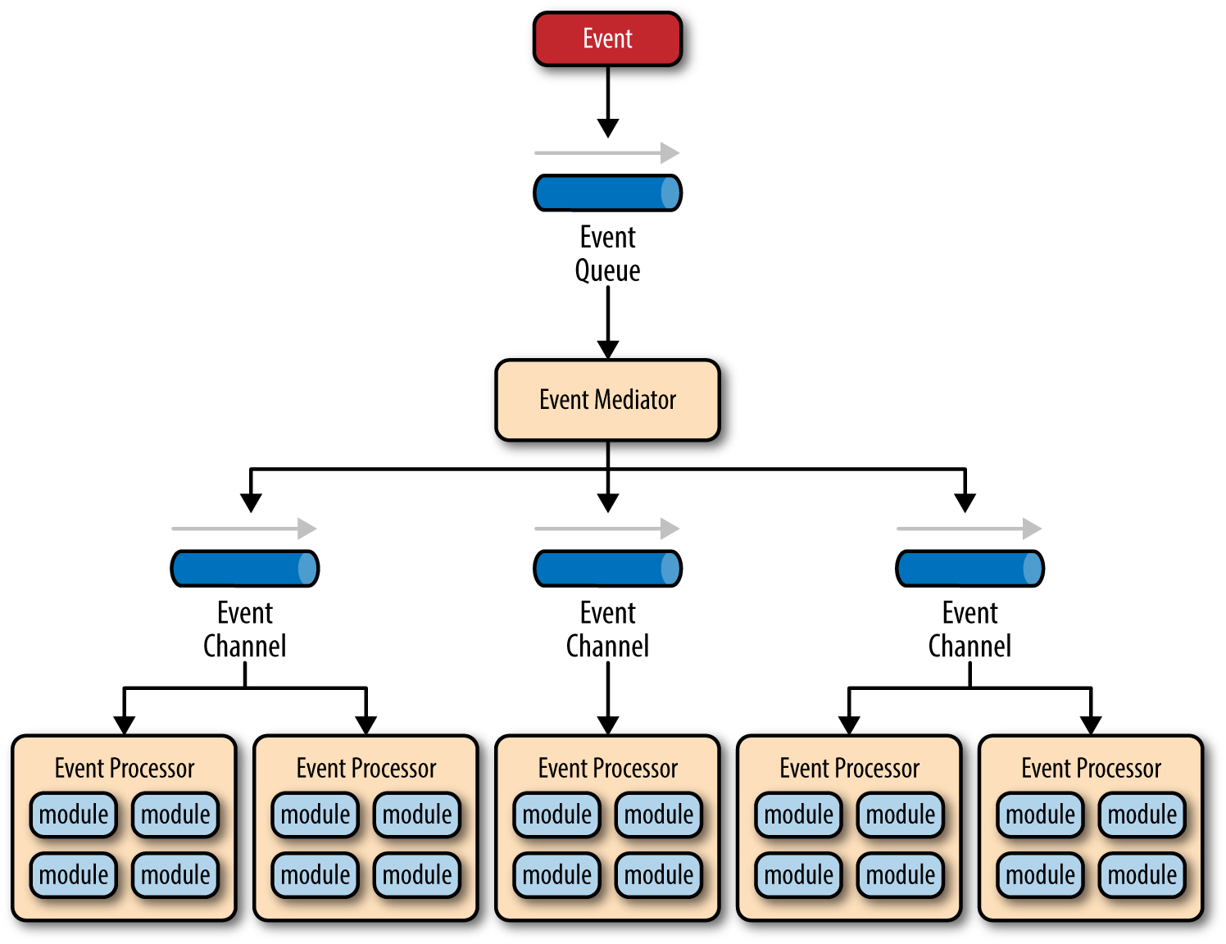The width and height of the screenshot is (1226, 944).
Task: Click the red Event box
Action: click(x=607, y=39)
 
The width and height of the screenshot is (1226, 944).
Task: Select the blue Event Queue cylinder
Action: click(x=607, y=193)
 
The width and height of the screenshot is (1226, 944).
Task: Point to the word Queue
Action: click(x=607, y=270)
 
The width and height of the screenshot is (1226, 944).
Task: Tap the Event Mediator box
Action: click(x=607, y=400)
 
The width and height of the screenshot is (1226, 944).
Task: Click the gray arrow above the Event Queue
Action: click(x=607, y=153)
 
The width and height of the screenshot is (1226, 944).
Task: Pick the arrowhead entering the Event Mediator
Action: click(x=607, y=349)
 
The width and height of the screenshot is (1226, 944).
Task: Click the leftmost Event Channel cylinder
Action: click(x=245, y=569)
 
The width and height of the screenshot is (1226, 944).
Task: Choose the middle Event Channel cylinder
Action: click(x=607, y=569)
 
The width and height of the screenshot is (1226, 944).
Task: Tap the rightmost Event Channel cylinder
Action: click(x=969, y=569)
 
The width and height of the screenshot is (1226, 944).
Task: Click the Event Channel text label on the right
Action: click(x=969, y=629)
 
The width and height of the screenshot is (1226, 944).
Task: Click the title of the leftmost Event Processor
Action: click(x=125, y=768)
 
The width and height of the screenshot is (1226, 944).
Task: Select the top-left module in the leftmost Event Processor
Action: click(x=74, y=815)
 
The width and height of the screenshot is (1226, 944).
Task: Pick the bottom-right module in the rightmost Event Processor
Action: click(x=1142, y=875)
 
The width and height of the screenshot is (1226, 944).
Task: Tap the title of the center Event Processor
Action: click(x=607, y=768)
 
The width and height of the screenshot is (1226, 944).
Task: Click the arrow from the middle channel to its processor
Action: click(x=607, y=697)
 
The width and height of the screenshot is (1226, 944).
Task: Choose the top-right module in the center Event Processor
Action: click(x=659, y=815)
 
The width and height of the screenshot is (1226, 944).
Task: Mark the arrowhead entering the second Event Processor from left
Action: click(x=366, y=724)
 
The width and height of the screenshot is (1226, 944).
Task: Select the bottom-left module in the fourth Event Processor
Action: click(x=798, y=875)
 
